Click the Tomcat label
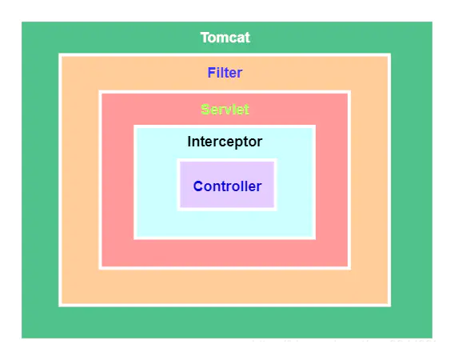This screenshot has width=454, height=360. click(225, 38)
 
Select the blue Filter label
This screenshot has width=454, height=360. click(225, 73)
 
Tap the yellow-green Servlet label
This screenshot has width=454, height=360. click(225, 110)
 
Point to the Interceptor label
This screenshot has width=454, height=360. click(225, 142)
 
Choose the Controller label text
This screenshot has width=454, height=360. click(227, 186)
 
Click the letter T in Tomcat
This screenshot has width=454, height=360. click(205, 38)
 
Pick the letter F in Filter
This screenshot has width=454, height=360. click(211, 73)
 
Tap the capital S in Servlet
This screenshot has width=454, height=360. click(205, 110)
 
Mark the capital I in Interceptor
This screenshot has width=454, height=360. click(189, 142)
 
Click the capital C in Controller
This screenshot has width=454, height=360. click(198, 186)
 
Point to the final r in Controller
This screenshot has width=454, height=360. click(259, 186)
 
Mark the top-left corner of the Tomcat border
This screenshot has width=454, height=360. click(20, 21)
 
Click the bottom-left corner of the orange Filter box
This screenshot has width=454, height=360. click(60, 304)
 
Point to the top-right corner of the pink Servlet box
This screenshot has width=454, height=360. click(348, 93)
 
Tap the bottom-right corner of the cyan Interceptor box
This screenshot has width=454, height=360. click(313, 237)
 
